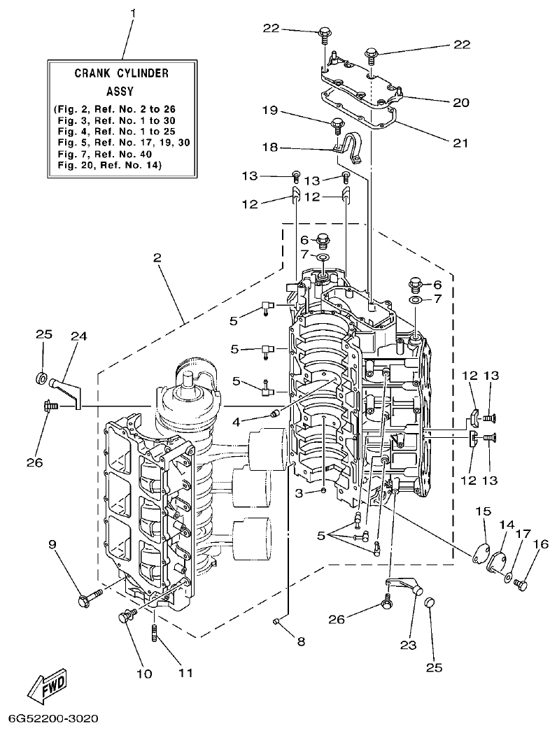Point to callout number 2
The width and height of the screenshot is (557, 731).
point(157,257)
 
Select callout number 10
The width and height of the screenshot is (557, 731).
point(143,674)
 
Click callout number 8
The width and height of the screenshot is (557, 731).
point(301,641)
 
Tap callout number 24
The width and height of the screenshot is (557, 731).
point(78,336)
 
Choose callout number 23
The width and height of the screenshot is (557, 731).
point(408,644)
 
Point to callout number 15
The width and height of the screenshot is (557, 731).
point(480,512)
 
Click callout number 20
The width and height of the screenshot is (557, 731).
point(460,102)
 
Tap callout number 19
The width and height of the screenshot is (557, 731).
point(269,110)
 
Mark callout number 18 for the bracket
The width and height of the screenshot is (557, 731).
point(269,148)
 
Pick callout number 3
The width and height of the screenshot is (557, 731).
point(299,493)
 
